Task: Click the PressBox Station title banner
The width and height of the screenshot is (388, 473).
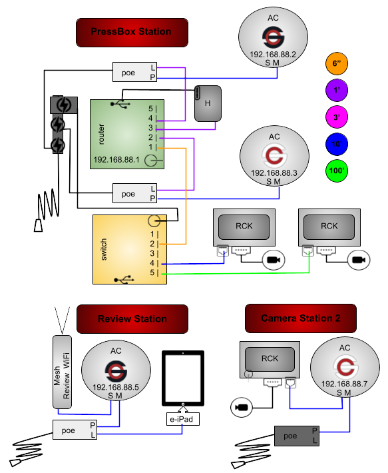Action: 132,32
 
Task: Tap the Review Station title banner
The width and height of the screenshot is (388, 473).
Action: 132,319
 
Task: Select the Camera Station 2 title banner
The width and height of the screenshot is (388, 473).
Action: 301,318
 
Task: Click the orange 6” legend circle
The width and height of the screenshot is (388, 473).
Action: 337,64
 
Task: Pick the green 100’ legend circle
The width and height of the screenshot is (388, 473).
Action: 337,171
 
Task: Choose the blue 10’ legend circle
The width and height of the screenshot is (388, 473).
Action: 337,144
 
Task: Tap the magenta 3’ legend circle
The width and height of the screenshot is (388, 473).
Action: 337,117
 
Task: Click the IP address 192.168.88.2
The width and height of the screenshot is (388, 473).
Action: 273,55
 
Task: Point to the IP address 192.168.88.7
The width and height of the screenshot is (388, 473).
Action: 345,384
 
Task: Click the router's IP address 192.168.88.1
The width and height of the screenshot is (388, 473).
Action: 116,160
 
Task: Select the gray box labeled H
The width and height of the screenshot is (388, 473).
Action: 208,103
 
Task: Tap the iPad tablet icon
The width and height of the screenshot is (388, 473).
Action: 183,378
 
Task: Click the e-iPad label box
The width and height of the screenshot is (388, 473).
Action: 183,419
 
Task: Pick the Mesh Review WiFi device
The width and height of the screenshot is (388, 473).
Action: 63,372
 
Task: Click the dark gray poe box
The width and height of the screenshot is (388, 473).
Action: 297,436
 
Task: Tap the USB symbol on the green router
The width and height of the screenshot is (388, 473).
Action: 120,104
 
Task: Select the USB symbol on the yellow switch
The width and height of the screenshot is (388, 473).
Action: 124,280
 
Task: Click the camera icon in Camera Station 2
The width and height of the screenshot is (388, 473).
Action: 242,408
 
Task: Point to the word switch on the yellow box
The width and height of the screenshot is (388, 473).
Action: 103,249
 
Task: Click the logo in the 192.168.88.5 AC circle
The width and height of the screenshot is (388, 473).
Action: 116,371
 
